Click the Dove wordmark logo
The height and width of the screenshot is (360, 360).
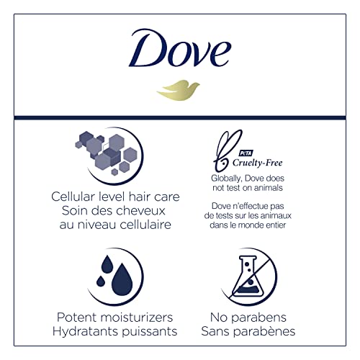[180, 53]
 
